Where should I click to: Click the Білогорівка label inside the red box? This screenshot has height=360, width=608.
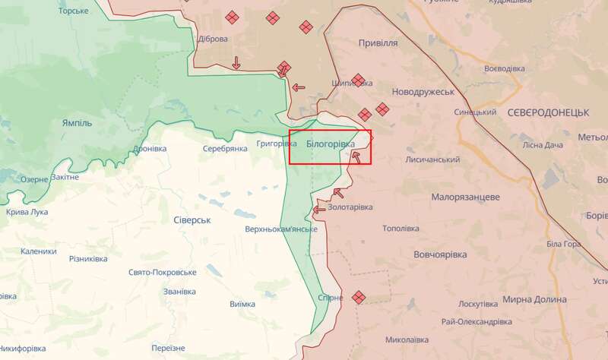[331, 144]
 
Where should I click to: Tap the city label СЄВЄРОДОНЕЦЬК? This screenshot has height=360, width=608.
[549, 112]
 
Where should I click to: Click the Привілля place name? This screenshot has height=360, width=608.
[378, 43]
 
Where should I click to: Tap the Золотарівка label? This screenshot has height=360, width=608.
[351, 207]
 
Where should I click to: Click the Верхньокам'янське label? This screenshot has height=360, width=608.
[281, 229]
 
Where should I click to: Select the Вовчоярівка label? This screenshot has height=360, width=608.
[446, 255]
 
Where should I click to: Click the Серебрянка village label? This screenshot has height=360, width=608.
[225, 148]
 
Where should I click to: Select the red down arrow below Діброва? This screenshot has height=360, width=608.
[236, 62]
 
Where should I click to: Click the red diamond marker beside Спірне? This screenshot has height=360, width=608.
[358, 297]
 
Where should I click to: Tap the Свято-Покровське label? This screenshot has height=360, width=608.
[163, 272]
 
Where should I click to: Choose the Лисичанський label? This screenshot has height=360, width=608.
[433, 159]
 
